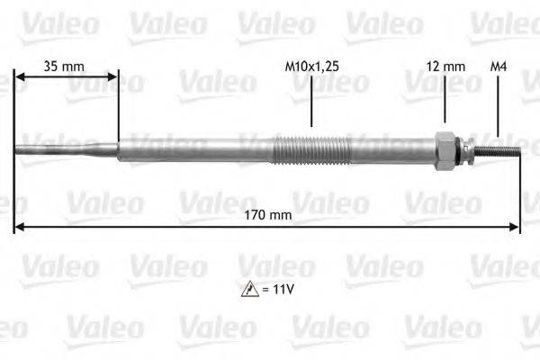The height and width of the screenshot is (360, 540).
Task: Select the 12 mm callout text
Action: click(445, 66)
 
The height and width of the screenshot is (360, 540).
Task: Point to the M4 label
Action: click(497, 66)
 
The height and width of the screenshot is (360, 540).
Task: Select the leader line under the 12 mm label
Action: click(445, 101)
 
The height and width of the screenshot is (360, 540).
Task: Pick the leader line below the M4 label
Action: click(497, 103)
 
